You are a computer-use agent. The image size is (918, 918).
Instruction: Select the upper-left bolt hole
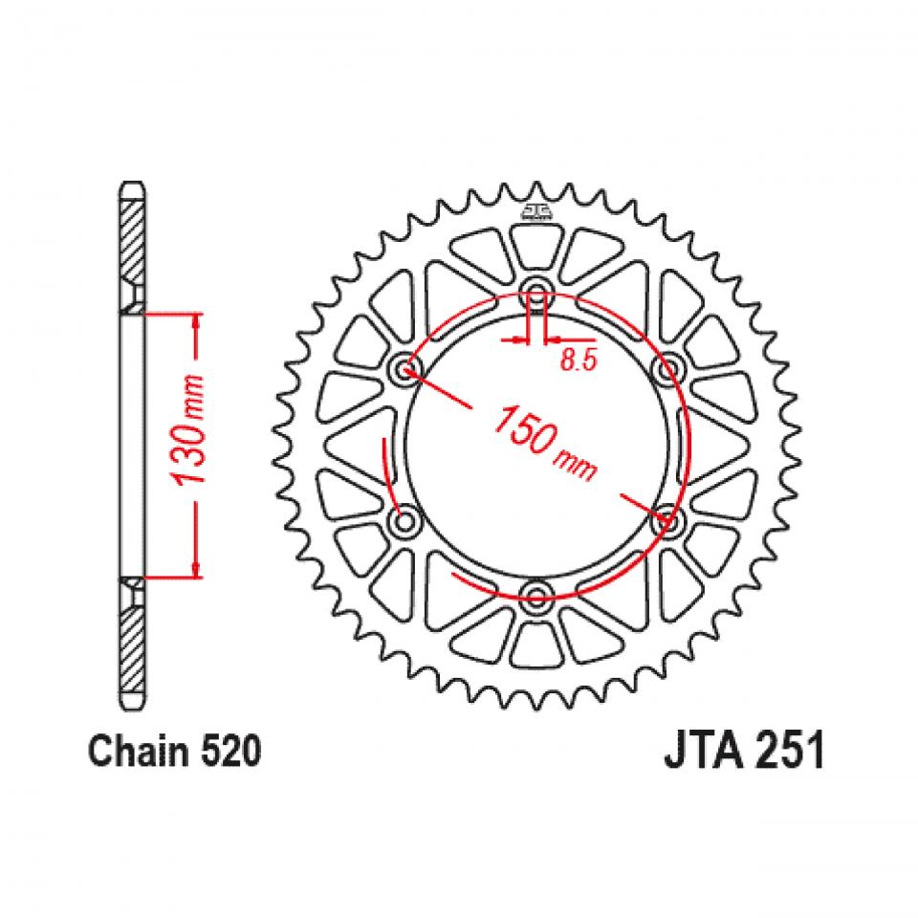408,369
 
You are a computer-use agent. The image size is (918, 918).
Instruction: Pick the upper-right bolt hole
667,369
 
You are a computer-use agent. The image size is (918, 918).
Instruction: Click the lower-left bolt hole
408,521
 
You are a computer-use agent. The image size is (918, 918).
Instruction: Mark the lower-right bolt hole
667,521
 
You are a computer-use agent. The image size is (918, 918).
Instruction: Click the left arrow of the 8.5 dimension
519,339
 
